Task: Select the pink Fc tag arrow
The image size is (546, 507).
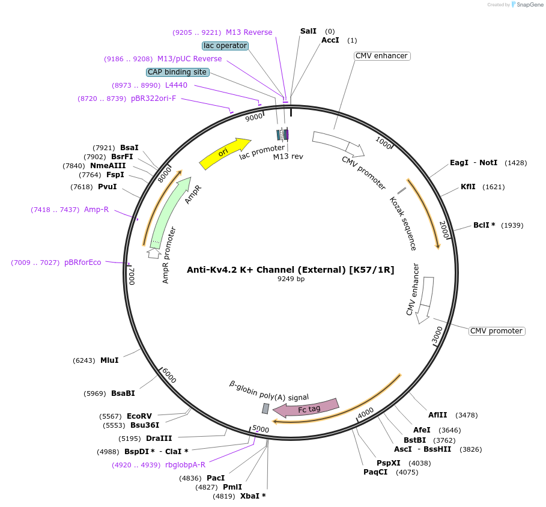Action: click(306, 408)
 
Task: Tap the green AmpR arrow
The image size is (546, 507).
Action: click(169, 213)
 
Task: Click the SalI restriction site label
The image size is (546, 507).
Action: click(308, 31)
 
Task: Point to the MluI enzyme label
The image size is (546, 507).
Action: click(109, 360)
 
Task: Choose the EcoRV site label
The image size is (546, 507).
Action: click(139, 416)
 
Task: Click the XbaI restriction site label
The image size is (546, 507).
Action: click(253, 496)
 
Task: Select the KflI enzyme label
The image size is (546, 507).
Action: click(468, 187)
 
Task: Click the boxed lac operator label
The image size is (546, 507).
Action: click(225, 46)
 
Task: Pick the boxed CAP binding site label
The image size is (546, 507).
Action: click(177, 72)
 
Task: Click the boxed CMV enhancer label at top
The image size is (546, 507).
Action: click(382, 56)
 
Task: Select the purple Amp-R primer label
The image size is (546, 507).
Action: click(96, 210)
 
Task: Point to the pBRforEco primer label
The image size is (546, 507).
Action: click(83, 263)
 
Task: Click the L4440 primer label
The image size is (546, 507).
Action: click(176, 85)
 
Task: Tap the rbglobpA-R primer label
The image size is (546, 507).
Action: click(185, 464)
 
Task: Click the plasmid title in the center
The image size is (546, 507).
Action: click(291, 270)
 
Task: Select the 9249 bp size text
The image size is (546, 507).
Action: click(291, 279)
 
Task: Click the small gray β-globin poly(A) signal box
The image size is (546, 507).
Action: click(265, 408)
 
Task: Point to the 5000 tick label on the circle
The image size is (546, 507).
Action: click(261, 429)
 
